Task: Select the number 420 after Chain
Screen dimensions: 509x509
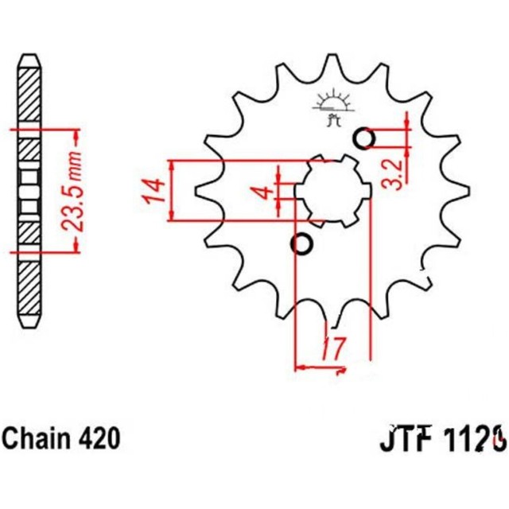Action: coord(99,437)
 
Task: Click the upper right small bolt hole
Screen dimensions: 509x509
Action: coord(364,138)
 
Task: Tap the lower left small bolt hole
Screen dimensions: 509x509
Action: coord(301,244)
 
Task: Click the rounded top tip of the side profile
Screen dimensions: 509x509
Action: coord(29,57)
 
